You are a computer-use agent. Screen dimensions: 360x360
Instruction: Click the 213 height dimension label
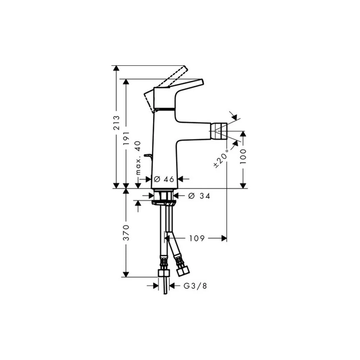[x=117, y=123]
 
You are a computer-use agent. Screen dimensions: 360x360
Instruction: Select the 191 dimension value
[x=126, y=138]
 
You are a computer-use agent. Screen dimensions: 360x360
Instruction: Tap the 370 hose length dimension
[x=126, y=233]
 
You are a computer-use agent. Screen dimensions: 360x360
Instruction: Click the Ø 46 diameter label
[x=164, y=179]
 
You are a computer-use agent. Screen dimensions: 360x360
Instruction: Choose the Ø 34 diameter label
[x=199, y=196]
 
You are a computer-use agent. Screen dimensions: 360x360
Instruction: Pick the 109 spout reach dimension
[x=197, y=238]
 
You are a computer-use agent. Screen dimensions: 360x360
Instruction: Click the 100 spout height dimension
[x=243, y=156]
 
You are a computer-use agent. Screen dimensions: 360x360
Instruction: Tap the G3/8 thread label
[x=195, y=286]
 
